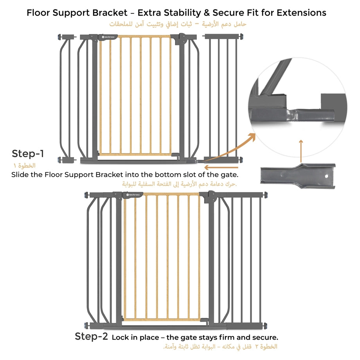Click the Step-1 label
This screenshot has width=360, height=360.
coord(28,154)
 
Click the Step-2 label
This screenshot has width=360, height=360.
coord(91,337)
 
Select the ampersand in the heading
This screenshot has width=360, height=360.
coord(207,13)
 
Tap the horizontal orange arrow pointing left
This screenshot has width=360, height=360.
coord(221,167)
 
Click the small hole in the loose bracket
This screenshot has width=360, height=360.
coord(326,176)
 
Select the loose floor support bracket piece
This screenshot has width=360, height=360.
coord(298,176)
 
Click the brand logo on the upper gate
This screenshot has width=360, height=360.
coord(108,37)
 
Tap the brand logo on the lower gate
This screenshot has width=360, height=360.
coord(133,195)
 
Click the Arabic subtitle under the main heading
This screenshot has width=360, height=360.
coord(178,24)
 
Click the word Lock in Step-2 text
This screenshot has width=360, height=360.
coord(119,337)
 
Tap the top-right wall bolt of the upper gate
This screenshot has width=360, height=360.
coord(241,36)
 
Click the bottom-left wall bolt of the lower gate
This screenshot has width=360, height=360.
coord(86,325)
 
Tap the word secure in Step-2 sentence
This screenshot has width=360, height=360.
coord(265,337)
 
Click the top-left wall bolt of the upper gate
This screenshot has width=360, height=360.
coord(59,36)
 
